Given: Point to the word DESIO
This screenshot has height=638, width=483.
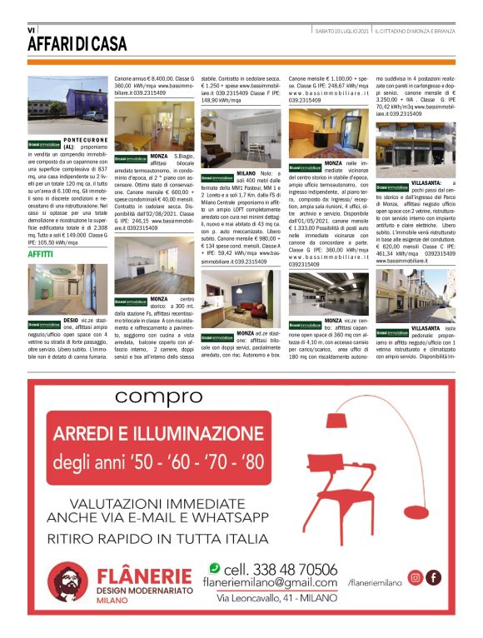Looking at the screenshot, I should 74,319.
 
